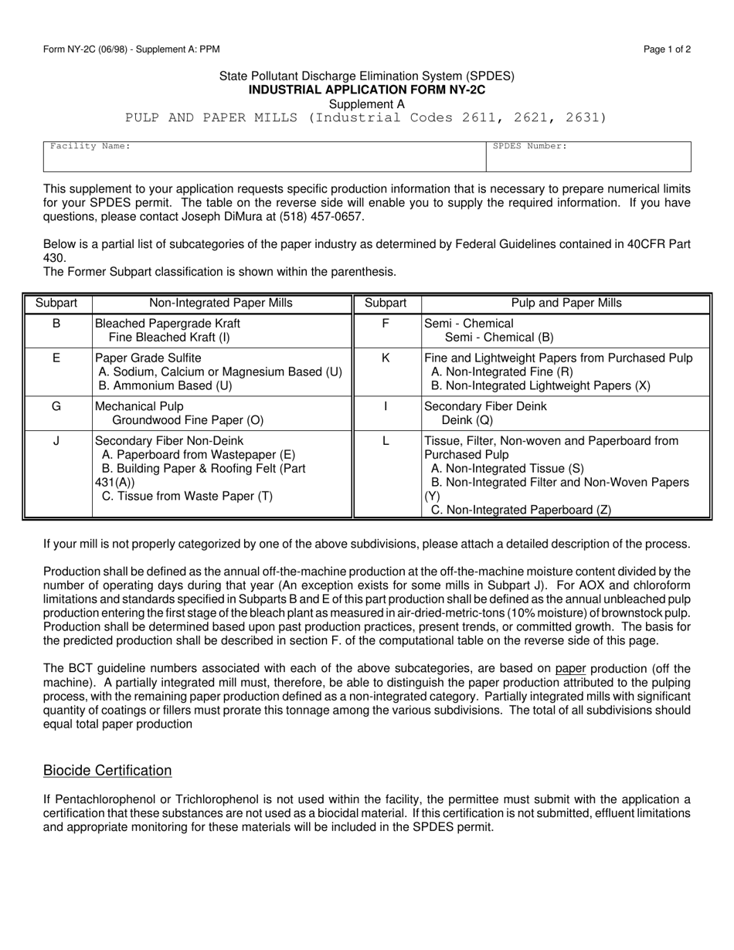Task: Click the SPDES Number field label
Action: point(530,145)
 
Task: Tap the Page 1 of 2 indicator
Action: point(667,49)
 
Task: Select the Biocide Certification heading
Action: point(107,770)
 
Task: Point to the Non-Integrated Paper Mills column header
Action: point(222,304)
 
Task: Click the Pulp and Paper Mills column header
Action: point(566,304)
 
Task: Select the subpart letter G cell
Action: point(56,406)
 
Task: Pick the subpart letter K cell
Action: point(386,358)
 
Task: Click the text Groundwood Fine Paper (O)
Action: point(188,420)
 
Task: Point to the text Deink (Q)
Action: point(467,420)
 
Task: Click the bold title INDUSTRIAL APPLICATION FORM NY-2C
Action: point(366,90)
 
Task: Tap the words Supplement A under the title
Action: point(366,103)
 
